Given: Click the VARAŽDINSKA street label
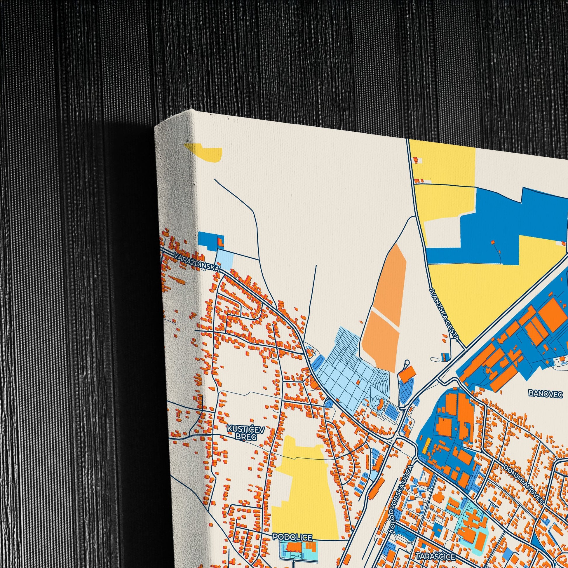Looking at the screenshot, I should pos(196,262).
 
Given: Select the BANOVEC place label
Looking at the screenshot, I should pos(545,393).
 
